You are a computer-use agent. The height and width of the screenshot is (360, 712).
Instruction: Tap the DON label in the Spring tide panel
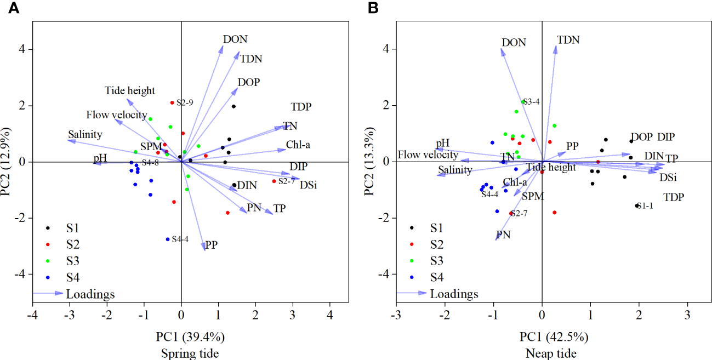point(235,39)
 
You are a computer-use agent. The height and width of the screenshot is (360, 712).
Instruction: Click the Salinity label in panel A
point(85,134)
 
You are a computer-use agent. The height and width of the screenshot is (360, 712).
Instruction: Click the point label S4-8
point(150,163)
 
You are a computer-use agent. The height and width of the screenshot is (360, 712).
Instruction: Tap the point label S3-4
point(532,102)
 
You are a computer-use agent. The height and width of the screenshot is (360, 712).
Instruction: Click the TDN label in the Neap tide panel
point(568,40)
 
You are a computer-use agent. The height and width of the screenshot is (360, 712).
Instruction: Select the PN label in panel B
point(503,235)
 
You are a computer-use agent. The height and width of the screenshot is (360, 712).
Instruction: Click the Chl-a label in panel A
point(298,145)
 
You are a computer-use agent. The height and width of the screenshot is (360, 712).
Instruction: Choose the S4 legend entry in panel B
point(436,276)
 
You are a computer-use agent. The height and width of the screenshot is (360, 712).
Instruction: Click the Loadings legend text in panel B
point(454,294)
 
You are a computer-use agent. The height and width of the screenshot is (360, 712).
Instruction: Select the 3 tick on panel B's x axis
point(687,316)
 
